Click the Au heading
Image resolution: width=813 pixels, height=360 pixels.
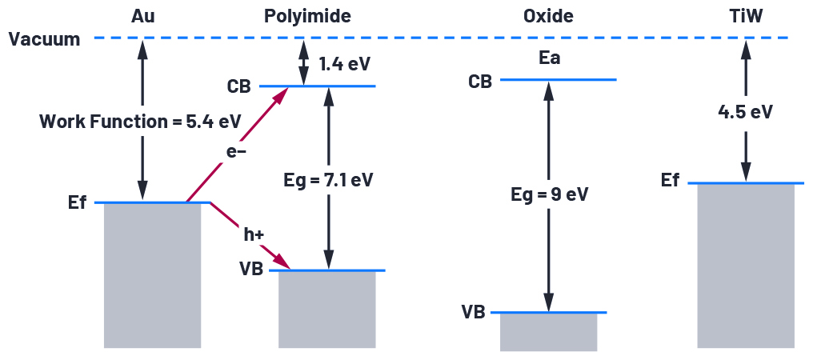click(142, 16)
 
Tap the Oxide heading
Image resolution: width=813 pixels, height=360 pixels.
click(548, 16)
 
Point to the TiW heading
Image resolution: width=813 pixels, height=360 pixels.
click(745, 16)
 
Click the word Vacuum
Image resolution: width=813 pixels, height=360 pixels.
click(45, 39)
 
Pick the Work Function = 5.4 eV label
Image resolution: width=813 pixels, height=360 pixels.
click(140, 122)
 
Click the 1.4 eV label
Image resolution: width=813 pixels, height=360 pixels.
click(345, 63)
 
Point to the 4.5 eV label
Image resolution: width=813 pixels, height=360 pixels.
click(745, 111)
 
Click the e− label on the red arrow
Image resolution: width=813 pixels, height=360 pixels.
click(235, 150)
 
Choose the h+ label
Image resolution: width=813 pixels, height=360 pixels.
click(255, 235)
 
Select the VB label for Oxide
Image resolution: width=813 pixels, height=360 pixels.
click(473, 312)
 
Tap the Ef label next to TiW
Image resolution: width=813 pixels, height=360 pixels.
click(671, 181)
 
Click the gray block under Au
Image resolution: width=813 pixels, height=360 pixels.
click(152, 276)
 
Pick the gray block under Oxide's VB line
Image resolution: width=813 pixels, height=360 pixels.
click(548, 332)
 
